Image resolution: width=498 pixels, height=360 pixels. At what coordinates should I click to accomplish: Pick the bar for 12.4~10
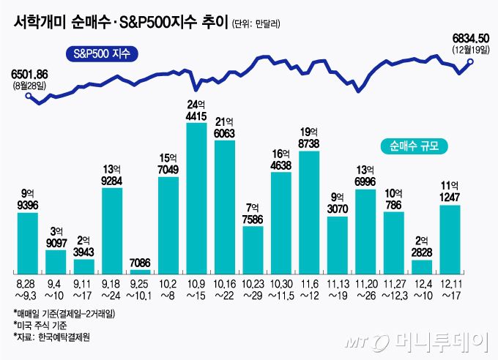[422, 268]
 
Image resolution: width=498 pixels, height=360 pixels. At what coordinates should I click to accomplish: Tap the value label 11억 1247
[450, 191]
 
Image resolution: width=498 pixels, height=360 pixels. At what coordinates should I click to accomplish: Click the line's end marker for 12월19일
[470, 63]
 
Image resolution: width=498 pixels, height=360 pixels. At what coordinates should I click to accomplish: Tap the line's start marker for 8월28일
[29, 95]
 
